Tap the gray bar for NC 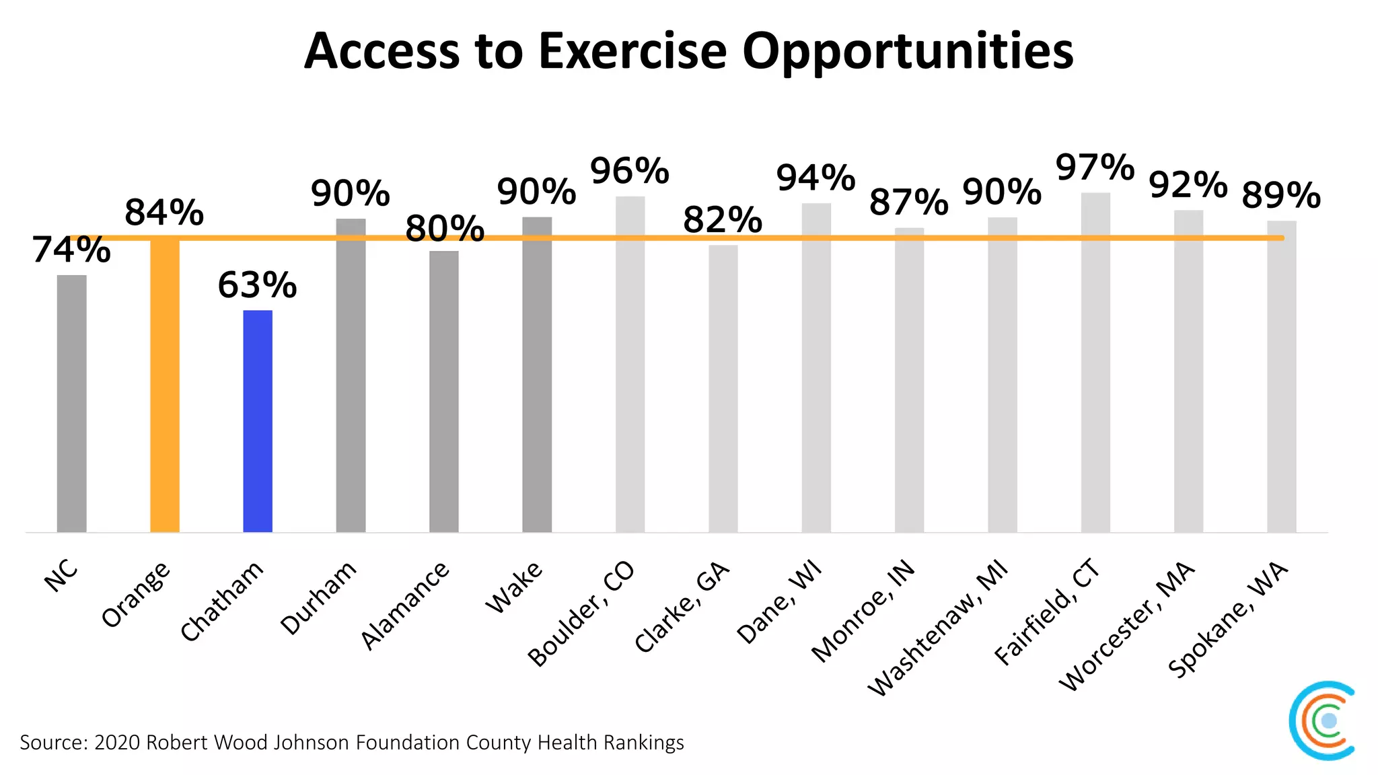(x=72, y=404)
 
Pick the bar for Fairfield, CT (x=1095, y=363)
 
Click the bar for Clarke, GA (x=723, y=389)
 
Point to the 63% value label (x=257, y=285)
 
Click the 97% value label (x=1095, y=168)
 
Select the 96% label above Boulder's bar (x=630, y=171)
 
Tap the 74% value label (x=71, y=250)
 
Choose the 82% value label (x=723, y=221)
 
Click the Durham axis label (x=318, y=598)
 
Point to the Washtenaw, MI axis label (x=939, y=628)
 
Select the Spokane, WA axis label (x=1228, y=620)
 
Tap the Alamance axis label (x=405, y=605)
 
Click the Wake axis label (x=514, y=587)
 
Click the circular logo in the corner (x=1323, y=721)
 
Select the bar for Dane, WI (x=816, y=367)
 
